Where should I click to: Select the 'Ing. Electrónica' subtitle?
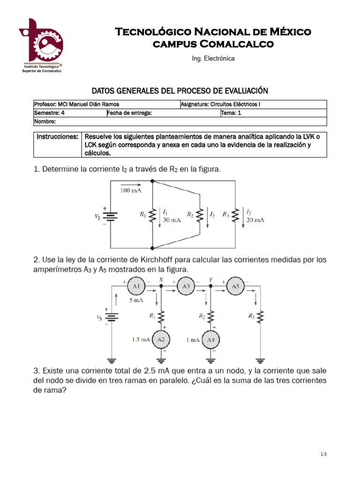tap(213, 59)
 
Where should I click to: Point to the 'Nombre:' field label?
tap(45, 121)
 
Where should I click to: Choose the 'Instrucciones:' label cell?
tap(57, 136)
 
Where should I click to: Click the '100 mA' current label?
tap(131, 191)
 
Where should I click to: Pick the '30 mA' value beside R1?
tap(172, 220)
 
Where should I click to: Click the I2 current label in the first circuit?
tap(212, 215)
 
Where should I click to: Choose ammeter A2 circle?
tap(161, 339)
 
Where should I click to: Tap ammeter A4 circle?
tap(211, 339)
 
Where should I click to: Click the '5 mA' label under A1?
tap(135, 300)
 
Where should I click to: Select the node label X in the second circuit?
tap(161, 279)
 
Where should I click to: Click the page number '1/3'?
tap(323, 454)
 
